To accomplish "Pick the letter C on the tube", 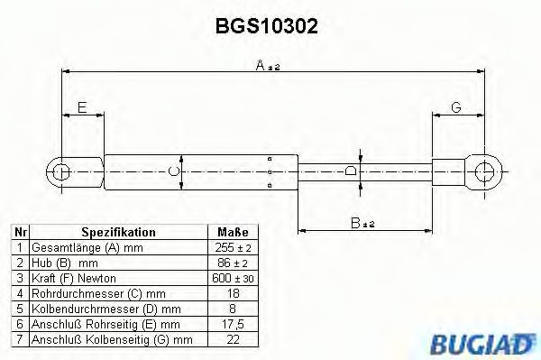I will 178,170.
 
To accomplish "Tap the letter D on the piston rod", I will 352,170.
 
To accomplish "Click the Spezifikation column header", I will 118,232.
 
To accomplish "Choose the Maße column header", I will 234,232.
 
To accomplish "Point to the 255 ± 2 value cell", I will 234,247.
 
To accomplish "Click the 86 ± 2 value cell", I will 234,263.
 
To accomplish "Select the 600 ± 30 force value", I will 234,278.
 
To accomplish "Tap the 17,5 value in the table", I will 234,324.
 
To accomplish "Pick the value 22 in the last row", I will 234,339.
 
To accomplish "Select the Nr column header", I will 20,232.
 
